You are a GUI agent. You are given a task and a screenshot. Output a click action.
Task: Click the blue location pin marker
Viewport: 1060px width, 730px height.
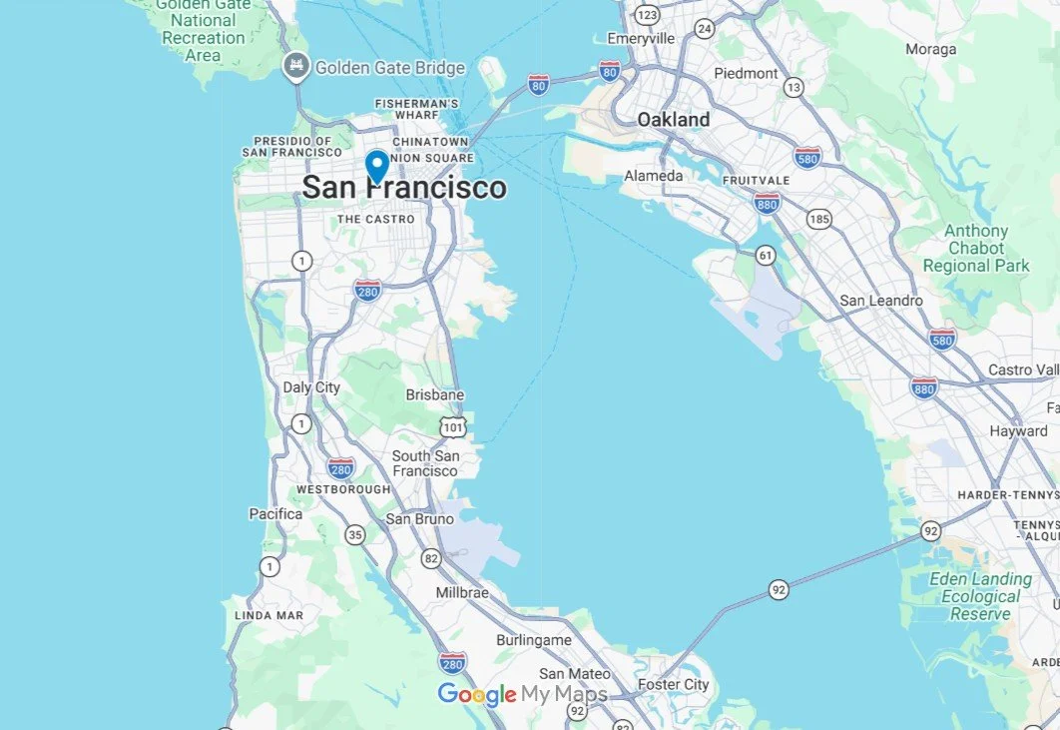[377, 165]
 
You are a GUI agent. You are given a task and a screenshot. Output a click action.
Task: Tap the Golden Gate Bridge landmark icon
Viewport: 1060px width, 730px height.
[296, 68]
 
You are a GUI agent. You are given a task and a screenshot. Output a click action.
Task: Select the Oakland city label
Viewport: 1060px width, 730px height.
[674, 120]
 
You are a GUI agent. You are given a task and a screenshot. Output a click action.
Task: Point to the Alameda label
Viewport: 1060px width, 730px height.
[654, 176]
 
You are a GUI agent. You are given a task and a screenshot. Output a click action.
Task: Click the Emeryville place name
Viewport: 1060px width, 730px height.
[642, 38]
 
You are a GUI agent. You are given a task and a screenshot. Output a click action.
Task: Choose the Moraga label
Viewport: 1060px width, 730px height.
[930, 49]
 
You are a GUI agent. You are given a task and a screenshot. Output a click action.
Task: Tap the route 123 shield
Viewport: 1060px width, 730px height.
[648, 15]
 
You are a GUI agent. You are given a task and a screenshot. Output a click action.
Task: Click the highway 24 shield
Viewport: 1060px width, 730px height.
[705, 28]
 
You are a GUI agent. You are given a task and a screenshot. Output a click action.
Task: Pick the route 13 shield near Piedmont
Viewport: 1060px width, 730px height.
[794, 88]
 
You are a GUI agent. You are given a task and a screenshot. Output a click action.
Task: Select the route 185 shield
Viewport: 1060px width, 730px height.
[819, 218]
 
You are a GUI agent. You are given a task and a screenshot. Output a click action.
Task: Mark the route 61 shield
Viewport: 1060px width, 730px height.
[765, 255]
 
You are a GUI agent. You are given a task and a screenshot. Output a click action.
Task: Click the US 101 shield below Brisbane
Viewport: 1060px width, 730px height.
[452, 427]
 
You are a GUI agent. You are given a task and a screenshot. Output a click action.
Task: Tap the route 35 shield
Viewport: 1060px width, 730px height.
[355, 534]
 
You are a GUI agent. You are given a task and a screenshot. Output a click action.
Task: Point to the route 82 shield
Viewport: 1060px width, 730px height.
[430, 557]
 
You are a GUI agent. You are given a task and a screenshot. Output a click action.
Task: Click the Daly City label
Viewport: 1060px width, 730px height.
[311, 387]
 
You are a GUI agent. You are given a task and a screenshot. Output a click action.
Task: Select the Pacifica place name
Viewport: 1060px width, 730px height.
[275, 514]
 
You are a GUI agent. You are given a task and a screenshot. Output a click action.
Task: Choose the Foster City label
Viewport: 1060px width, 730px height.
[673, 685]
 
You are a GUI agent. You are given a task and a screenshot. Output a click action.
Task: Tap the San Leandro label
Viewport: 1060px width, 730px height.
[881, 301]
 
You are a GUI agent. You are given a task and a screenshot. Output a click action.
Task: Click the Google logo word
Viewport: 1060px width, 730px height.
[476, 695]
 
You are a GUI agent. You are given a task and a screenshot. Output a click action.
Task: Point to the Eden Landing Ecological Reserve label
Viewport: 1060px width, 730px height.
[979, 596]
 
